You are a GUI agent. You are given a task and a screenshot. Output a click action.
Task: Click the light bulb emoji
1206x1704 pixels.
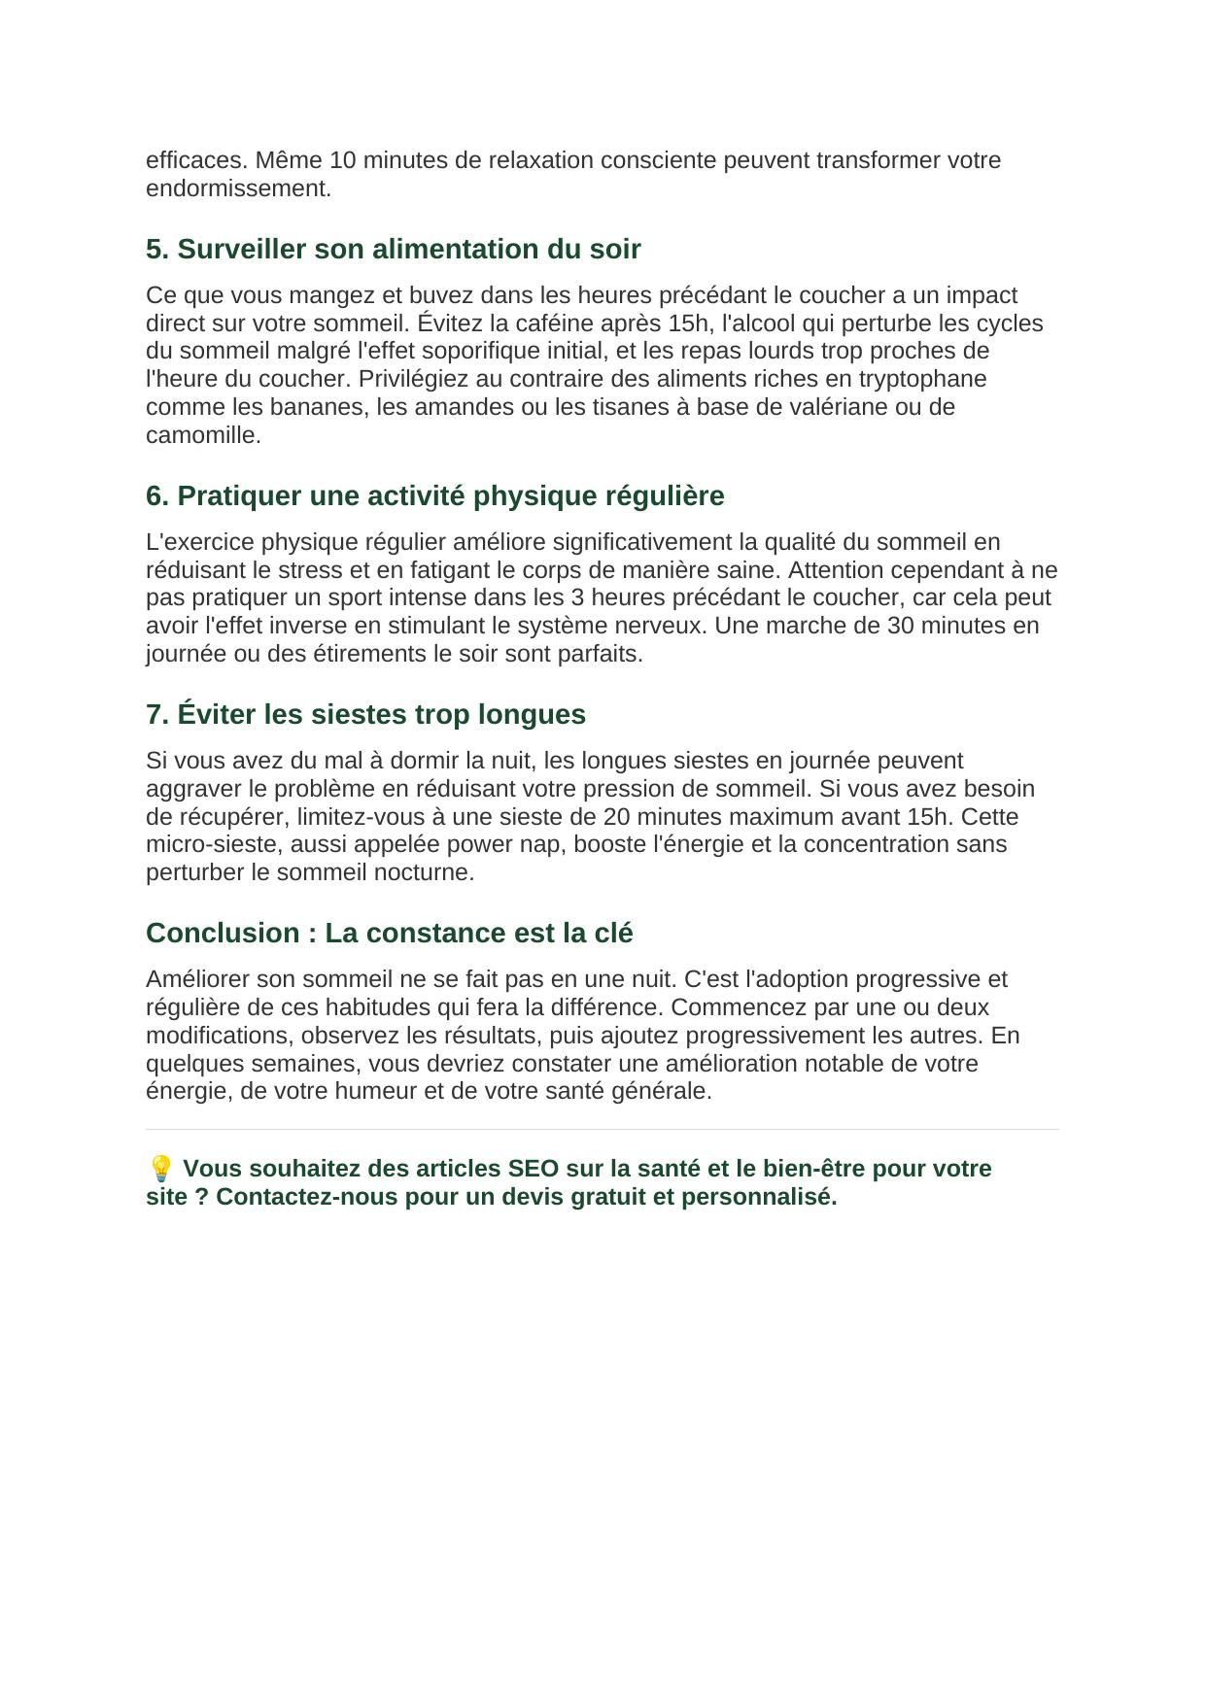pyautogui.click(x=160, y=1168)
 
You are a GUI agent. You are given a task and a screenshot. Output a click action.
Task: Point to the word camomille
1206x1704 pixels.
pyautogui.click(x=203, y=435)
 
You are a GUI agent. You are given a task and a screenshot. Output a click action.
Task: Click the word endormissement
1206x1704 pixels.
pyautogui.click(x=238, y=188)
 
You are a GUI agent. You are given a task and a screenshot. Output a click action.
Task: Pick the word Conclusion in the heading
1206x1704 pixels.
pyautogui.click(x=223, y=934)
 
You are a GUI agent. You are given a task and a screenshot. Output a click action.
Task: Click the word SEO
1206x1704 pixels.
pyautogui.click(x=533, y=1169)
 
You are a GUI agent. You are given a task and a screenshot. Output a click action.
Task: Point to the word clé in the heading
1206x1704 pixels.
pyautogui.click(x=613, y=934)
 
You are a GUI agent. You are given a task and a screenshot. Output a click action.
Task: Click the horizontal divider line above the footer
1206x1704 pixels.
pyautogui.click(x=603, y=1129)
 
